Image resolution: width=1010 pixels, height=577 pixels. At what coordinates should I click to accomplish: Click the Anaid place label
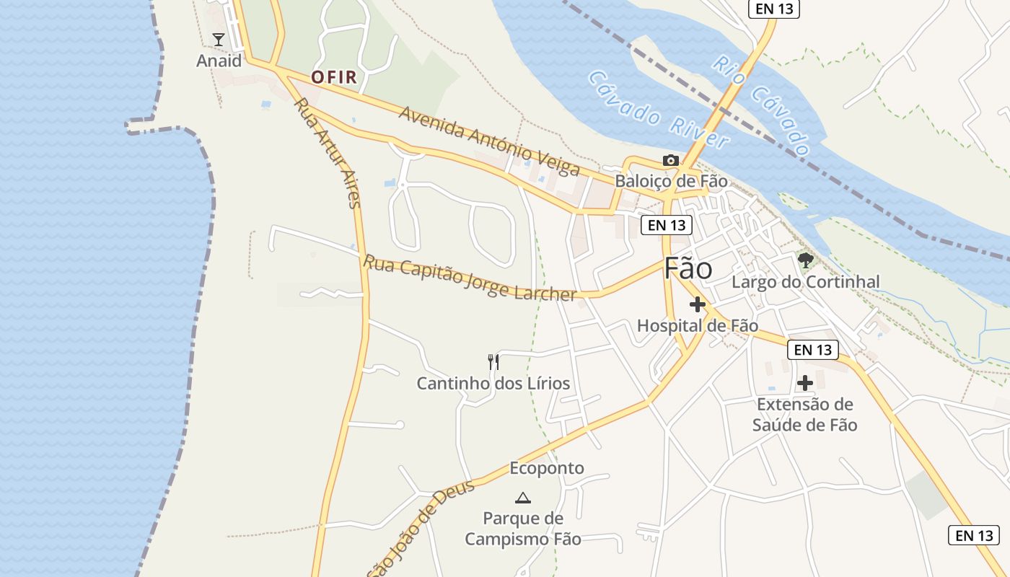[x=219, y=61]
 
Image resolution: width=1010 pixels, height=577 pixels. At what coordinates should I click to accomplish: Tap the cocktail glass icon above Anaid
[x=219, y=39]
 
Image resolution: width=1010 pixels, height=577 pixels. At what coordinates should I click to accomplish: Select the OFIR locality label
[x=334, y=77]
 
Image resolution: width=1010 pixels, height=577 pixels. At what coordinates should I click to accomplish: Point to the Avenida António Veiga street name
[x=488, y=141]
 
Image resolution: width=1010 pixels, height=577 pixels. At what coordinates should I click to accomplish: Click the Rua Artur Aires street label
[x=327, y=153]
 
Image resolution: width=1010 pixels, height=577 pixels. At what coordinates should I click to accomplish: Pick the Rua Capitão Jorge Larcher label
[x=470, y=278]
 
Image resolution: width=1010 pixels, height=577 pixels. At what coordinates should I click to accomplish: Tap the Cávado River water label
[x=658, y=110]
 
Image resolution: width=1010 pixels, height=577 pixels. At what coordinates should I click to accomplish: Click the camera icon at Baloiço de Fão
[x=671, y=160]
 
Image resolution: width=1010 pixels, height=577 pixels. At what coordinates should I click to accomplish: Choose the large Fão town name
[x=688, y=268]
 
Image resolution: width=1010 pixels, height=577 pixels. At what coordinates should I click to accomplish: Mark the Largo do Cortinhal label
[x=806, y=282]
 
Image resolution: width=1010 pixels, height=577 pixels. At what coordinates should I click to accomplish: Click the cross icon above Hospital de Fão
[x=697, y=304]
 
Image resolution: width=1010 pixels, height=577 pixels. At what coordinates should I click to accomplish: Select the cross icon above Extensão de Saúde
[x=805, y=383]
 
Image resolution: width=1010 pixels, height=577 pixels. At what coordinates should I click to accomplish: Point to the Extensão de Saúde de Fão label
[x=805, y=415]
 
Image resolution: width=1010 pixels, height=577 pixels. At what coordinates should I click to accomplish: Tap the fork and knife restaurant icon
[x=493, y=362]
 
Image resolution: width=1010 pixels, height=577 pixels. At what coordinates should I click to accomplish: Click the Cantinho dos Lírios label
[x=493, y=384]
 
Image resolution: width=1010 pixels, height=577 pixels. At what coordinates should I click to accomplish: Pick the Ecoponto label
[x=547, y=469]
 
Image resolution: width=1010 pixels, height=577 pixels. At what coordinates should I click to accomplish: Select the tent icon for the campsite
[x=523, y=497]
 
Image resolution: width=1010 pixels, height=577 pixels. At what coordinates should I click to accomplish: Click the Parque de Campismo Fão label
[x=523, y=529]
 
